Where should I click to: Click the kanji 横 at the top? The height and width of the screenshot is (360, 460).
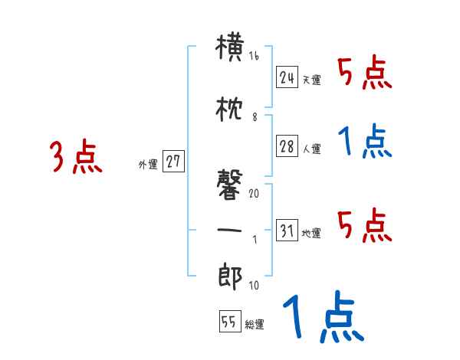[230, 49]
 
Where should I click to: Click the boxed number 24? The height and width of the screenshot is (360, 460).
[287, 77]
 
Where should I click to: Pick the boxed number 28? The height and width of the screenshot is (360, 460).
[287, 148]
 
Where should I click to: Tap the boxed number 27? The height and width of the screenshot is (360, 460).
[173, 162]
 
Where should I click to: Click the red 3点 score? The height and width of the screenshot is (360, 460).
[76, 157]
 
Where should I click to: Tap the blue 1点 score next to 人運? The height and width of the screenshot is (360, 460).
[365, 142]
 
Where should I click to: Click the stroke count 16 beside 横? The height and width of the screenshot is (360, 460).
[254, 56]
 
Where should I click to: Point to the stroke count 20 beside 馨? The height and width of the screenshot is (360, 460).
[254, 193]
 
